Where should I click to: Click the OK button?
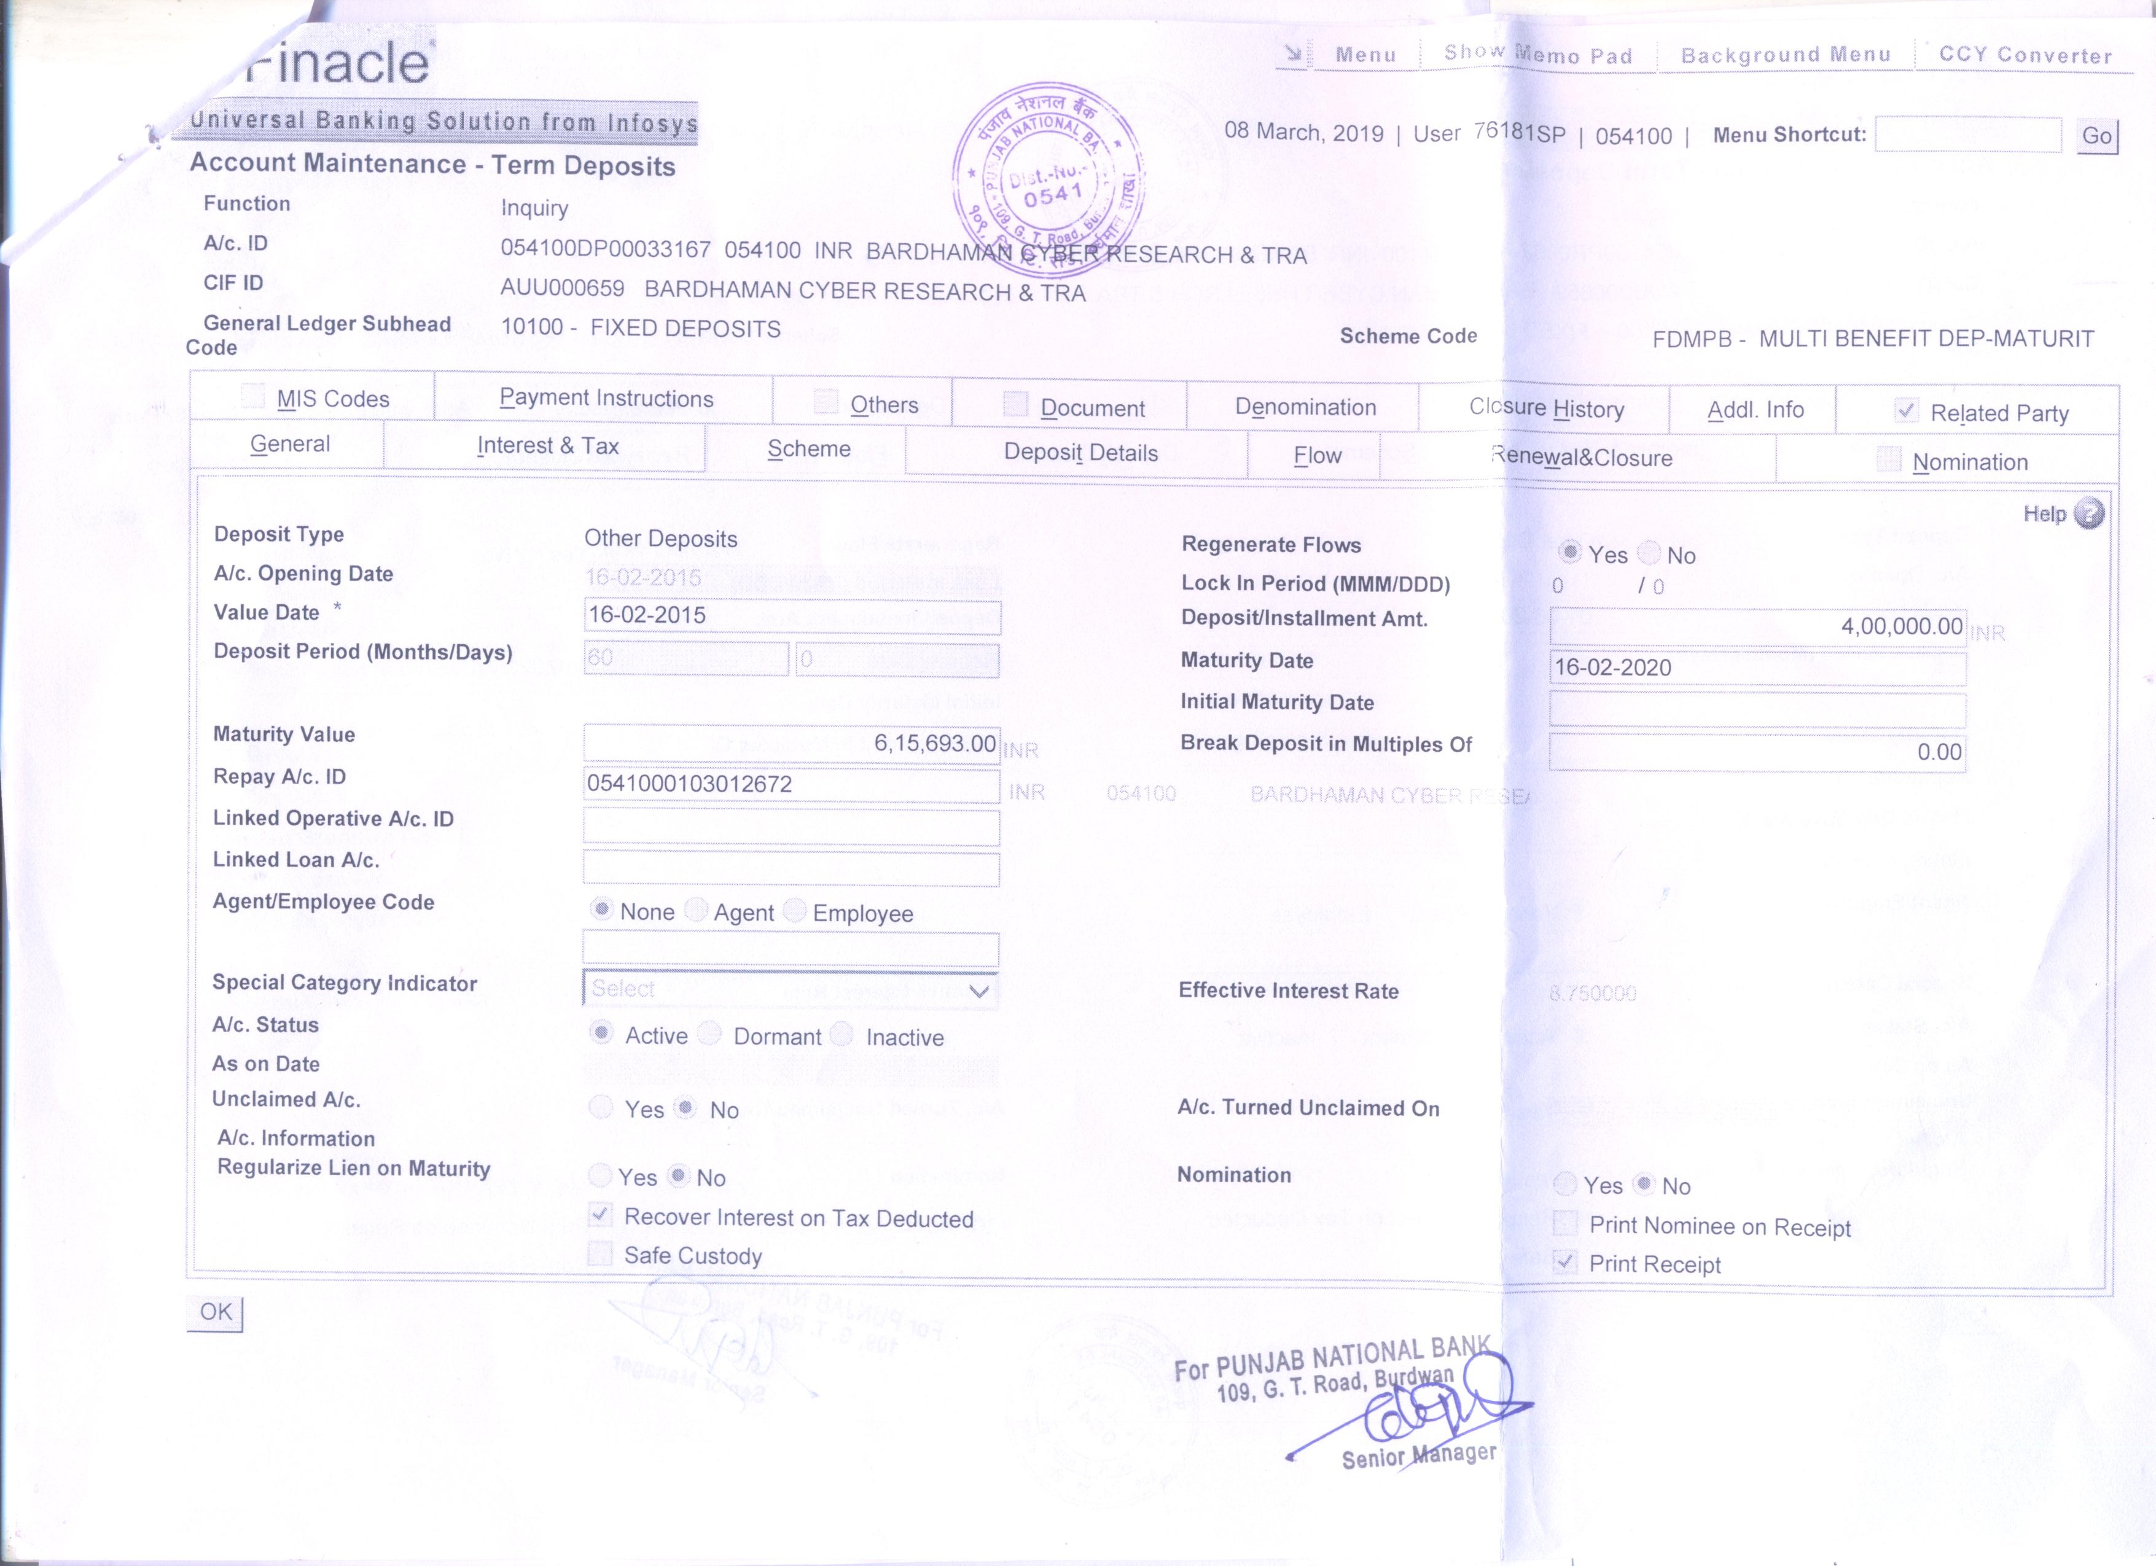point(216,1312)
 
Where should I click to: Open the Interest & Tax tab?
point(547,446)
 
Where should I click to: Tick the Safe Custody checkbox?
point(600,1254)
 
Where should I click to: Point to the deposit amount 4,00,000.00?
point(1900,626)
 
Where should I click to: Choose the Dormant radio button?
point(710,1034)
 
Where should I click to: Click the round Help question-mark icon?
point(2088,513)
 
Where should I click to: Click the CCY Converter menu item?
point(2025,55)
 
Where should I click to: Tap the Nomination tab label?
point(1970,462)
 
